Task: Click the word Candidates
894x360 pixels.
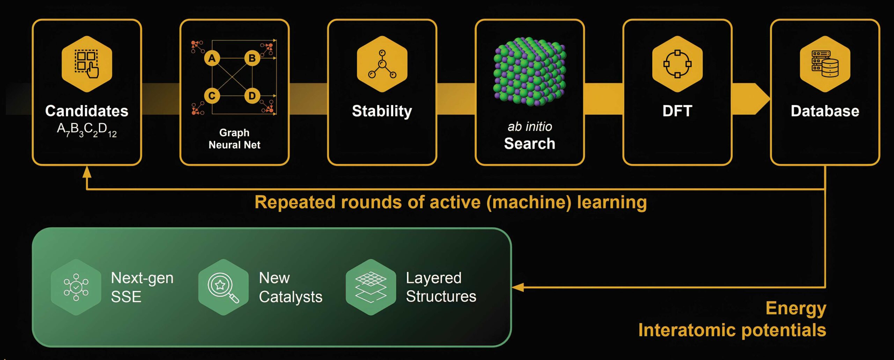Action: tap(87, 111)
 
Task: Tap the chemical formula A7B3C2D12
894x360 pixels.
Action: tap(87, 130)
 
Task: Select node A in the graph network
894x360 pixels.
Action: tap(212, 58)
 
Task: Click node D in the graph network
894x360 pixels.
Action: tap(252, 96)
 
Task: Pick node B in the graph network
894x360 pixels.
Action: tap(252, 58)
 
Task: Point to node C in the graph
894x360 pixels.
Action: tap(212, 96)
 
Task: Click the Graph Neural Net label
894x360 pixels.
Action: tap(234, 139)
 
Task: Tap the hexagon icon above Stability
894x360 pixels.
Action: tap(382, 64)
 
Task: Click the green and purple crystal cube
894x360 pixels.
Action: tap(529, 72)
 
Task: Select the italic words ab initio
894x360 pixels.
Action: tap(530, 126)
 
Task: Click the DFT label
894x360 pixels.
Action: tap(677, 111)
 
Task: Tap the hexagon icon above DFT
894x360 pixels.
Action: tap(677, 64)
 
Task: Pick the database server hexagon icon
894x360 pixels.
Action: tap(825, 64)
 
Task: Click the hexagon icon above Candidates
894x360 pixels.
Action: tap(87, 64)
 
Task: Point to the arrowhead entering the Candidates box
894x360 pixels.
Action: tap(87, 172)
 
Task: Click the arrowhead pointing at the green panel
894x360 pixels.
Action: tap(518, 287)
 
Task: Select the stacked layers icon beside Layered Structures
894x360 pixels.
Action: tap(371, 287)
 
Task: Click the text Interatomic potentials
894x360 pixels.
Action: tap(732, 330)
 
